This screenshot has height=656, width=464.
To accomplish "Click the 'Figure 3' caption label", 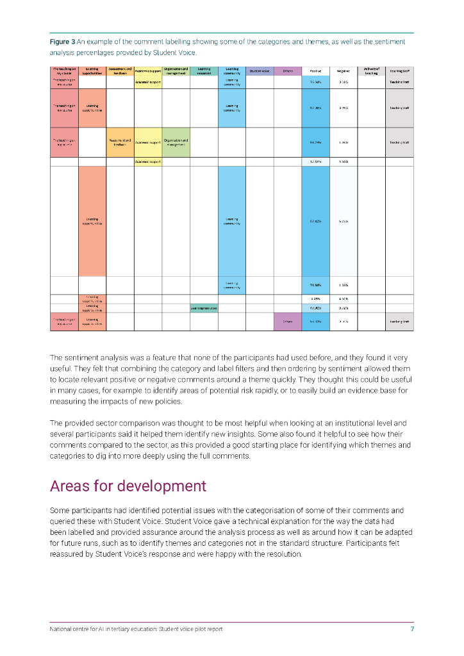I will (63, 42).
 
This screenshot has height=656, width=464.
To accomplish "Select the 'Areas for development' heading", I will (128, 486).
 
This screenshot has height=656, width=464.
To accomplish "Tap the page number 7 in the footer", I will (412, 629).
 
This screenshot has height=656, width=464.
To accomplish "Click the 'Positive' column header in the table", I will (315, 71).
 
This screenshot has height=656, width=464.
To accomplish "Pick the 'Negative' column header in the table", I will (344, 71).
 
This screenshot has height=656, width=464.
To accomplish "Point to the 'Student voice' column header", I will (260, 71).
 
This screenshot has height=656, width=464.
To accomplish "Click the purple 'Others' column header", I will (288, 71).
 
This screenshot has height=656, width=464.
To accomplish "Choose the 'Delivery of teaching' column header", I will (371, 71).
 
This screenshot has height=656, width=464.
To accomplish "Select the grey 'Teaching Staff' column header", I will (399, 71).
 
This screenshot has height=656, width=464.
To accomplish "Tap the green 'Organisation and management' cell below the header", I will (176, 143).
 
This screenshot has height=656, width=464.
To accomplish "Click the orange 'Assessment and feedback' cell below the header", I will (120, 143).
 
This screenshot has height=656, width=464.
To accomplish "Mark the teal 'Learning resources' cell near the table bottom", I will (204, 308).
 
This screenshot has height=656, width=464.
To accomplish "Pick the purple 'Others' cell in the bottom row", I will (288, 322).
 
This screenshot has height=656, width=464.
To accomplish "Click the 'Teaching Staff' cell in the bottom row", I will (399, 322).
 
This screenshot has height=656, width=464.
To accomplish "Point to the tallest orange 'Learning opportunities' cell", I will (92, 221).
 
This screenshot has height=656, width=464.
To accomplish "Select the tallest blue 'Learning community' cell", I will (231, 221).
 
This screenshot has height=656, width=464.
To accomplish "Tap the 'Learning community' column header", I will (231, 71).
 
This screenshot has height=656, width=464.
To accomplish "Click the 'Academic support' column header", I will (147, 71).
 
